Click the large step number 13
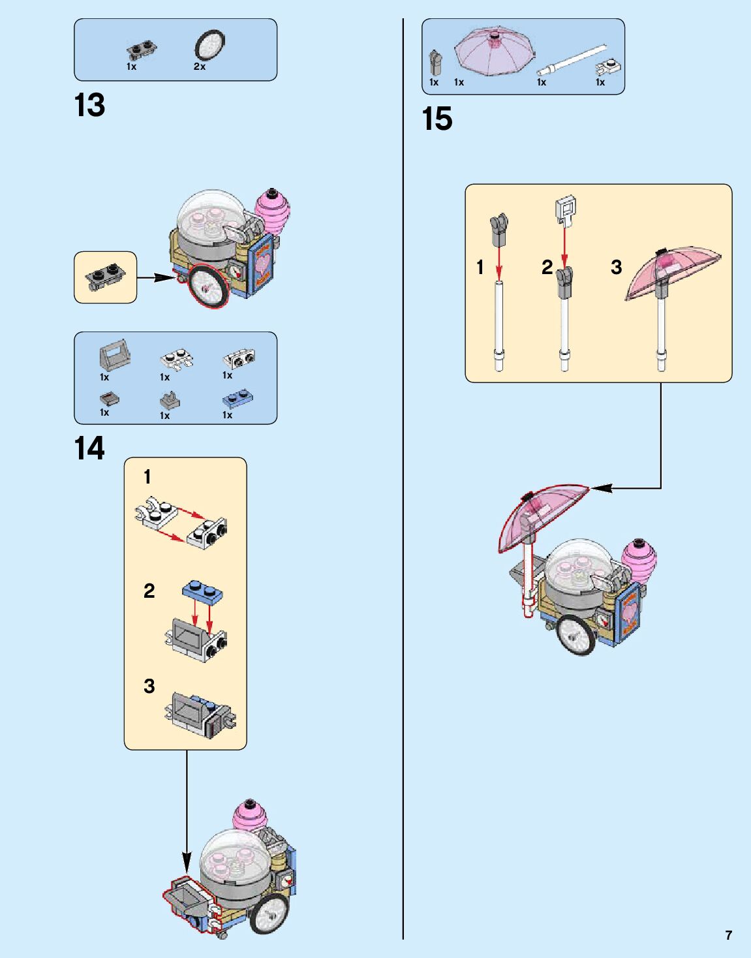[x=89, y=106]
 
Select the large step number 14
[x=89, y=449]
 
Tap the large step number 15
[x=437, y=119]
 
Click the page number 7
[x=728, y=935]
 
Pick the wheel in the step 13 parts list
[x=209, y=46]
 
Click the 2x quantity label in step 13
[x=199, y=67]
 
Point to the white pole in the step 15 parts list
[x=572, y=61]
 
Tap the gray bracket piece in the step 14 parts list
[x=115, y=354]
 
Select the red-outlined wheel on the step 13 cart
[x=207, y=287]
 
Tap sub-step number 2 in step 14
[x=149, y=591]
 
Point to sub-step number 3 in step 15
[x=616, y=267]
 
